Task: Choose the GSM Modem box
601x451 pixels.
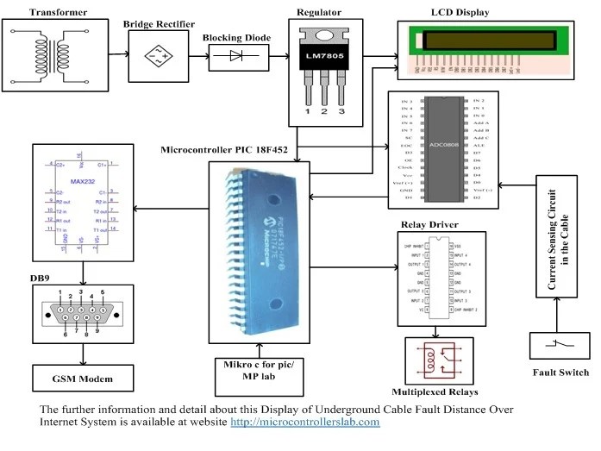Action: point(82,378)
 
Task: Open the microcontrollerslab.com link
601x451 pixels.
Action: point(304,423)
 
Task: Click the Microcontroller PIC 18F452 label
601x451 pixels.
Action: point(238,148)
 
